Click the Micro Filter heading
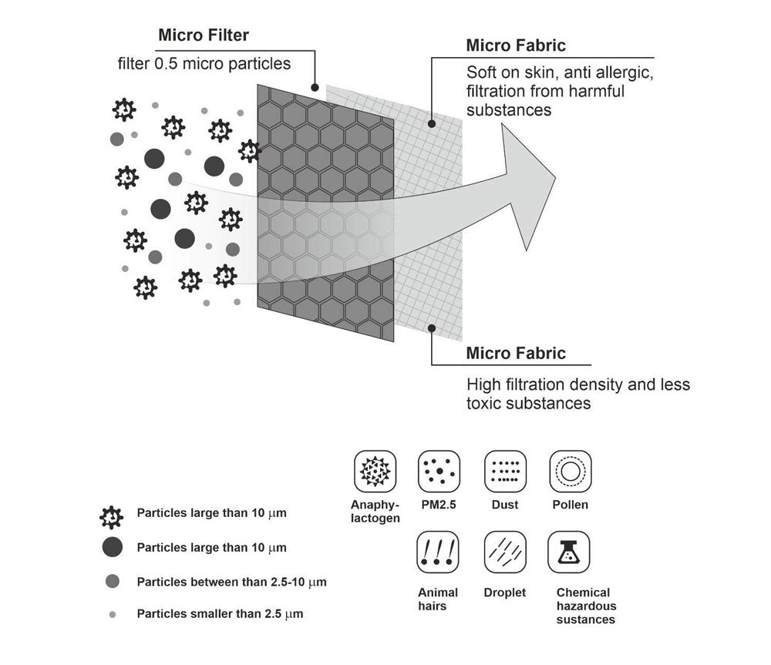[204, 35]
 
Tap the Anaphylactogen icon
[374, 470]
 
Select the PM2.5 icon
[439, 470]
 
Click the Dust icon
[504, 470]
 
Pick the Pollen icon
[570, 470]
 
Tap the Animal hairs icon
[438, 552]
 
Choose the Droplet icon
[504, 552]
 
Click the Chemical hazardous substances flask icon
[569, 552]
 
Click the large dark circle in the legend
[113, 548]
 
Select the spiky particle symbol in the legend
[113, 514]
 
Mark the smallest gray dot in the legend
[113, 615]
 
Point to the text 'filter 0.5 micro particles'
[204, 63]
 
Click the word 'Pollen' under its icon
[570, 505]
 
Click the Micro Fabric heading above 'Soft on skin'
[516, 45]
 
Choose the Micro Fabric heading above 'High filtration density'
[516, 354]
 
